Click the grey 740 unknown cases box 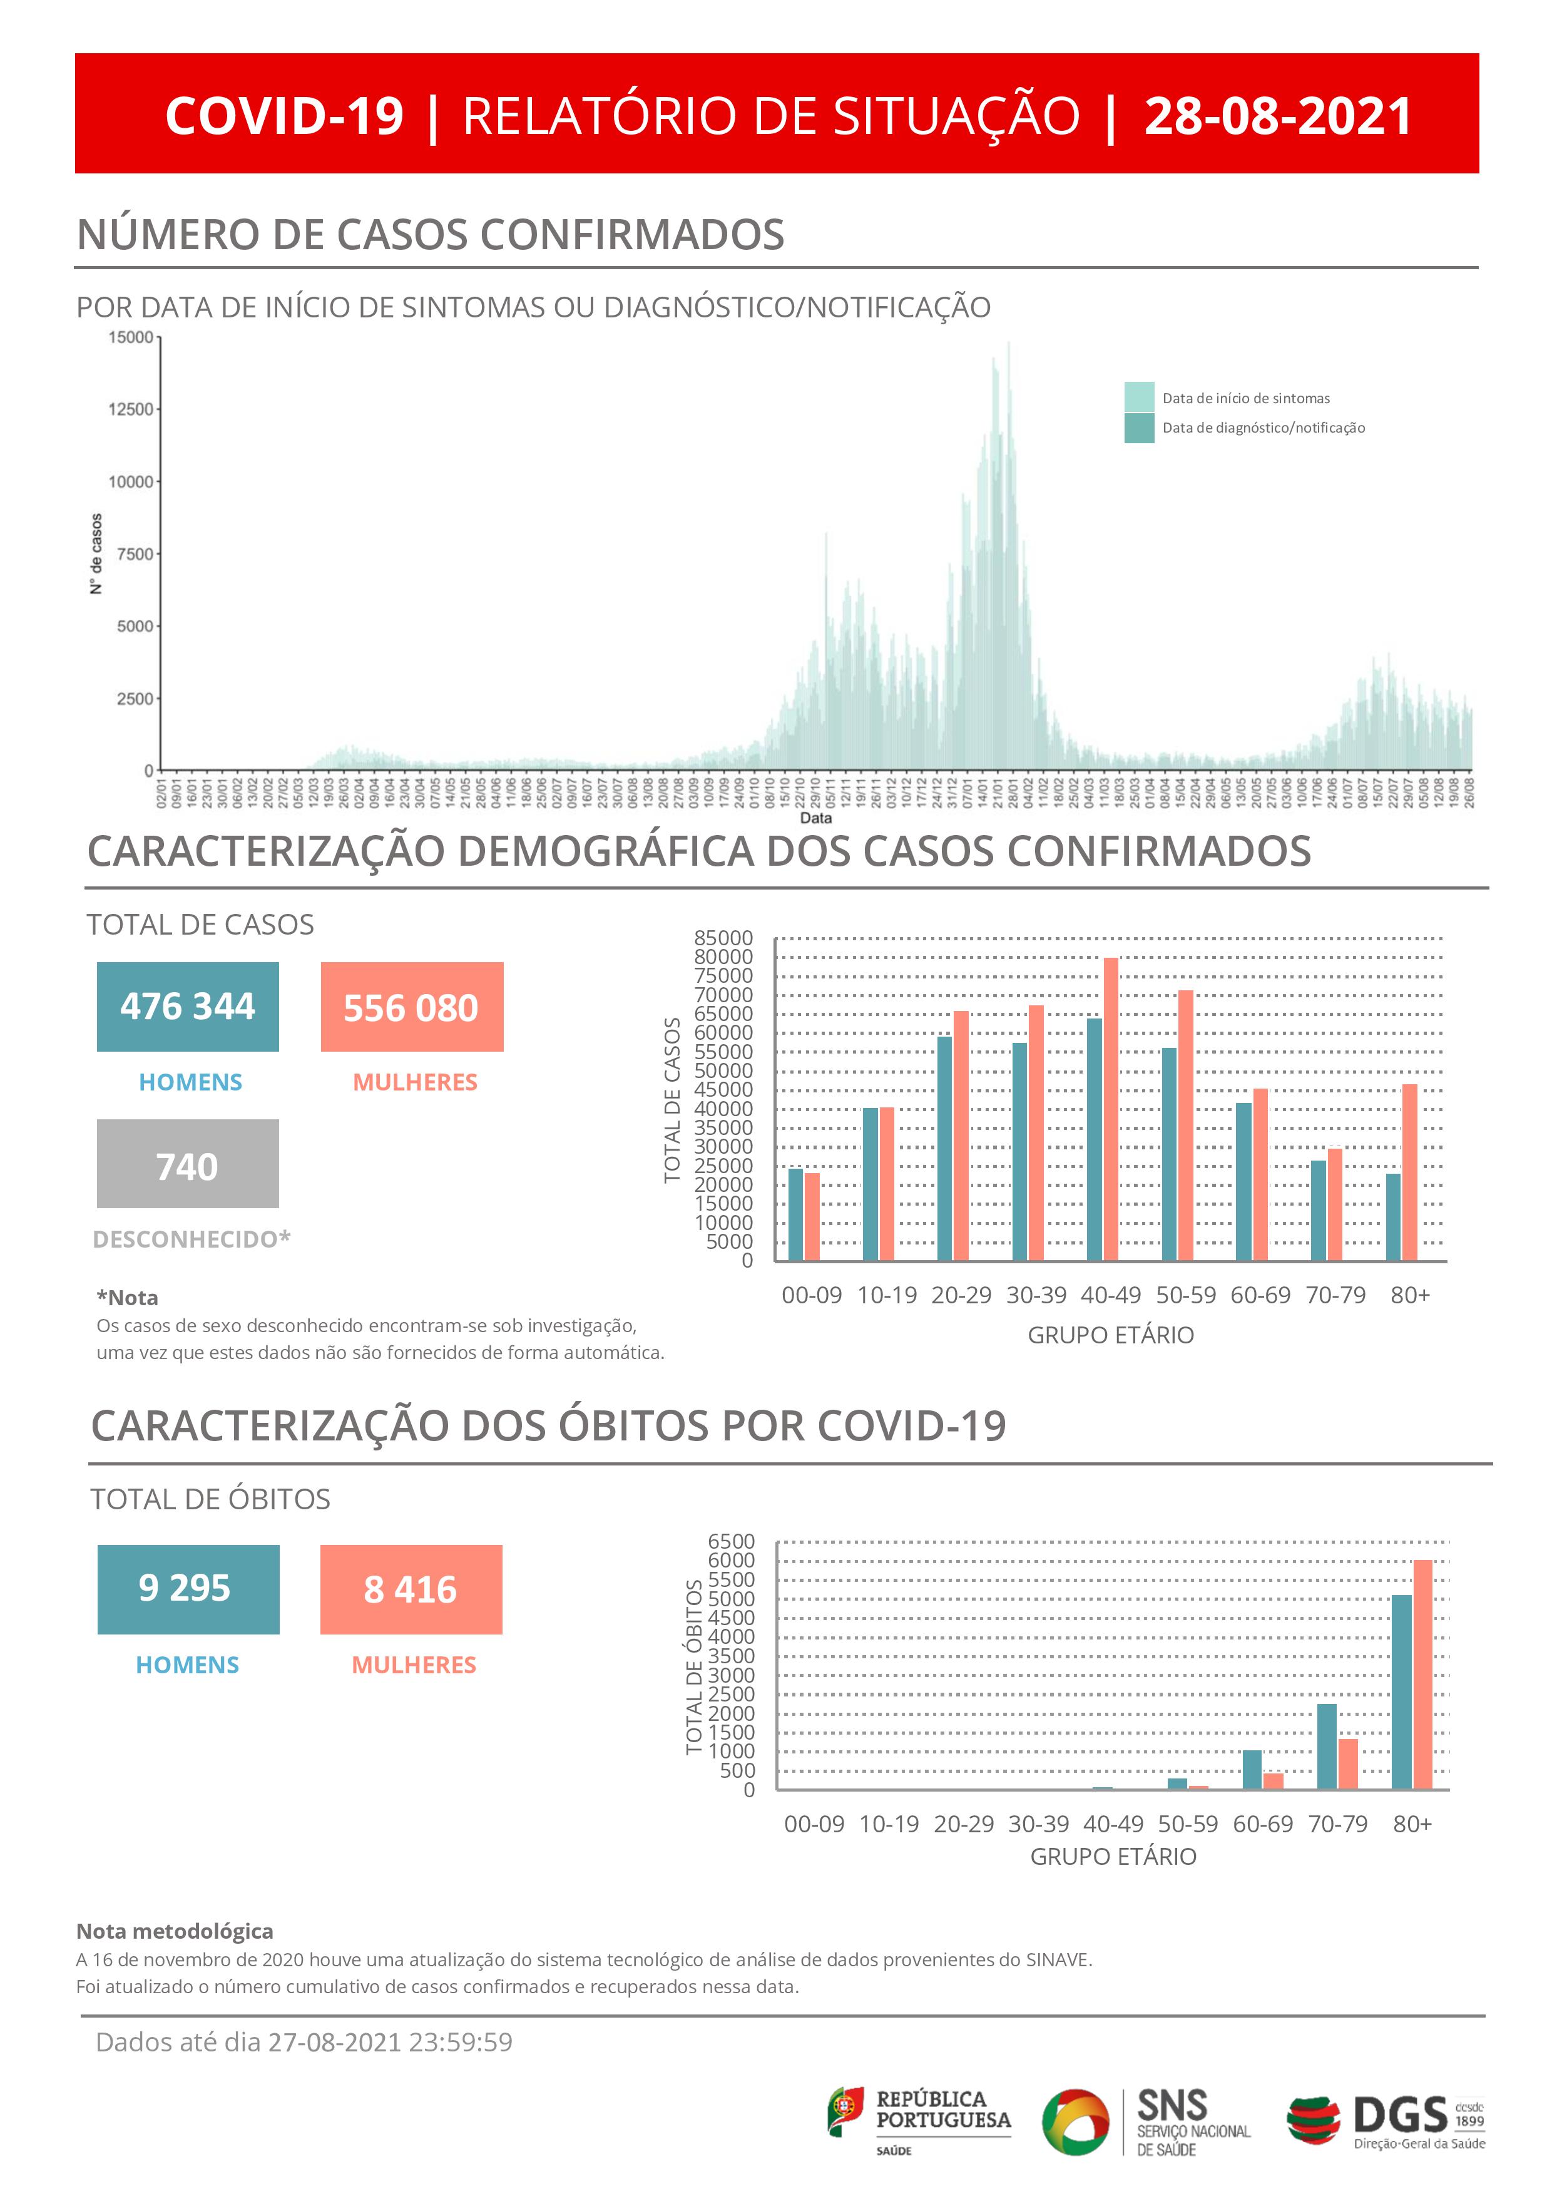point(187,1164)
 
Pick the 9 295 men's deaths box point(188,1589)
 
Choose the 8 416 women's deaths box point(411,1589)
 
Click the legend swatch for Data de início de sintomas point(1139,397)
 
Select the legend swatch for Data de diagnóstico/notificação point(1139,428)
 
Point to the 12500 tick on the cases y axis point(131,409)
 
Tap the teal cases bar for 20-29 point(944,1147)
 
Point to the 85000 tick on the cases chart point(724,938)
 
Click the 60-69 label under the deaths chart point(1262,1824)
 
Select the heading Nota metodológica point(175,1931)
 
